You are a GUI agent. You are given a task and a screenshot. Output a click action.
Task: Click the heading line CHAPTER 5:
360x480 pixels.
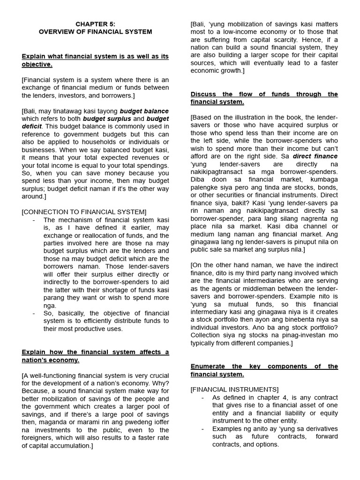[x=95, y=23]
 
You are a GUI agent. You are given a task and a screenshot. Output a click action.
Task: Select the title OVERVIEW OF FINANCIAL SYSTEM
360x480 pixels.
[x=95, y=31]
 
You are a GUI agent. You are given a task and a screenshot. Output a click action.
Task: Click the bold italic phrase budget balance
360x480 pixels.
[x=144, y=111]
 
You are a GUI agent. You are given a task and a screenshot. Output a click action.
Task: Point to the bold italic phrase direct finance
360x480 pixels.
[x=315, y=156]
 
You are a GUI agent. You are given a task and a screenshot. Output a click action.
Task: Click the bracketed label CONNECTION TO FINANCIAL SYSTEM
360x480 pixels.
[x=84, y=212]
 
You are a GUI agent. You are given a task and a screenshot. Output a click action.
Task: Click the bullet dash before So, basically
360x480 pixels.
[x=34, y=313]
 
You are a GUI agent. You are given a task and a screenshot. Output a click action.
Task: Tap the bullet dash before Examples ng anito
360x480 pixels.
[x=202, y=428]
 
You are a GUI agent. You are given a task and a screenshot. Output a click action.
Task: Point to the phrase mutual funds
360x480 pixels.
[x=231, y=304]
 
